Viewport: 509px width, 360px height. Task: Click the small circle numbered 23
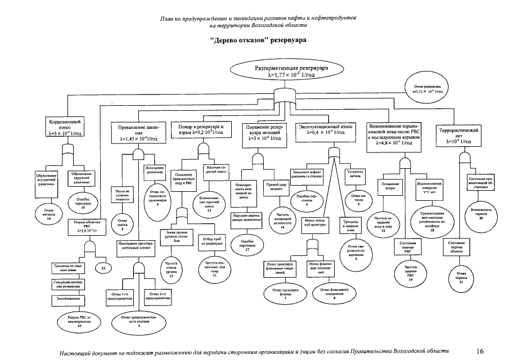(103, 269)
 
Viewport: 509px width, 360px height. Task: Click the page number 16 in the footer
(480, 352)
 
